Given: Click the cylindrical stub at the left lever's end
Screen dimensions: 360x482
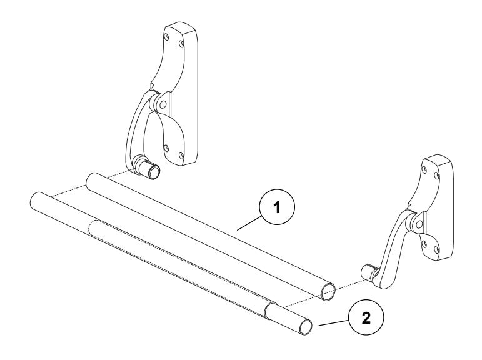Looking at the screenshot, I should [x=149, y=169].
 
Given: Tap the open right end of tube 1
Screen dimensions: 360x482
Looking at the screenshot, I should [x=327, y=292].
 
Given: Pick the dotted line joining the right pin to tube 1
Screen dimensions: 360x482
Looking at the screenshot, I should [x=347, y=283].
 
